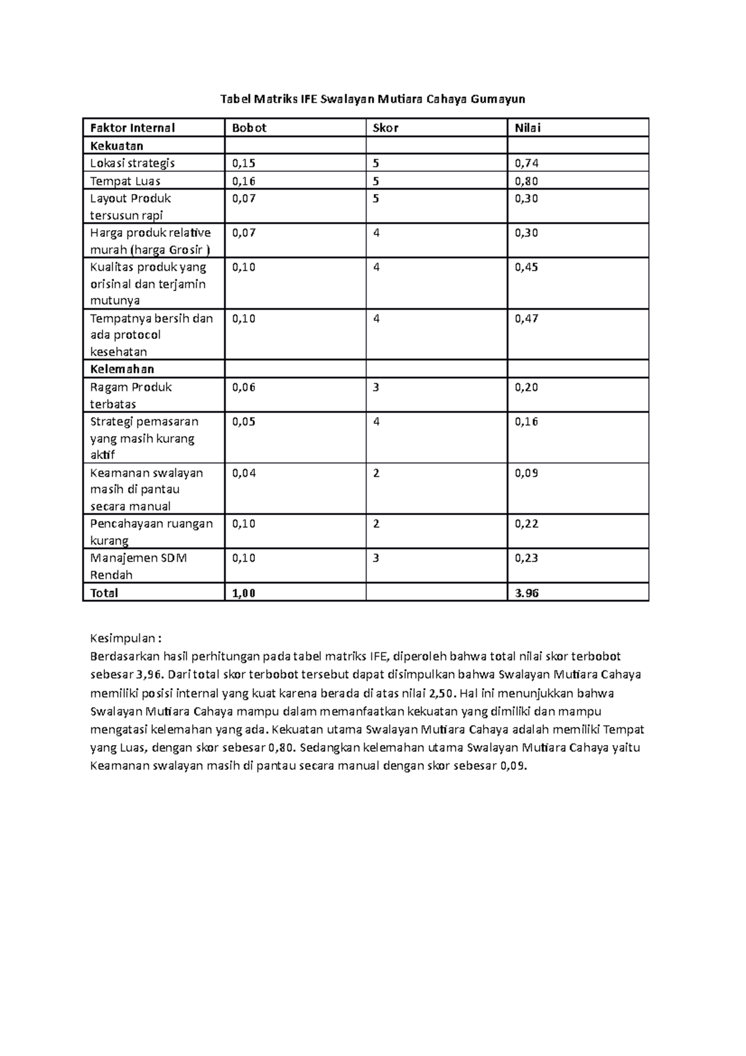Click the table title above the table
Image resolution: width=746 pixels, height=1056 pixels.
pyautogui.click(x=373, y=99)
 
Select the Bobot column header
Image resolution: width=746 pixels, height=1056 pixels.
pyautogui.click(x=249, y=128)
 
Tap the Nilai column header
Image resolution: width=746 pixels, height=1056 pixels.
pyautogui.click(x=527, y=128)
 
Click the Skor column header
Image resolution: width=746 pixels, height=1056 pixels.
pyautogui.click(x=385, y=128)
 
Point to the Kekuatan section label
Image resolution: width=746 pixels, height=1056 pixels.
pyautogui.click(x=117, y=146)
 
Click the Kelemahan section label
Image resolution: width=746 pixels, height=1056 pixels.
pyautogui.click(x=122, y=369)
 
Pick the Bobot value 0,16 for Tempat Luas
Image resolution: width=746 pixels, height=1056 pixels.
pyautogui.click(x=244, y=182)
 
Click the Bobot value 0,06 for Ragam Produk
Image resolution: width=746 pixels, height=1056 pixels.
pyautogui.click(x=244, y=387)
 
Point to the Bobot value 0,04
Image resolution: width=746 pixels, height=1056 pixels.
pyautogui.click(x=244, y=473)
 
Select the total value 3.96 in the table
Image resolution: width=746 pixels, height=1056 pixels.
pyautogui.click(x=527, y=593)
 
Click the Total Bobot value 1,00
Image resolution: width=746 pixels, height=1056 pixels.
pyautogui.click(x=244, y=593)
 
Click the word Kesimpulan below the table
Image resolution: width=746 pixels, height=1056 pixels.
pyautogui.click(x=124, y=639)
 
